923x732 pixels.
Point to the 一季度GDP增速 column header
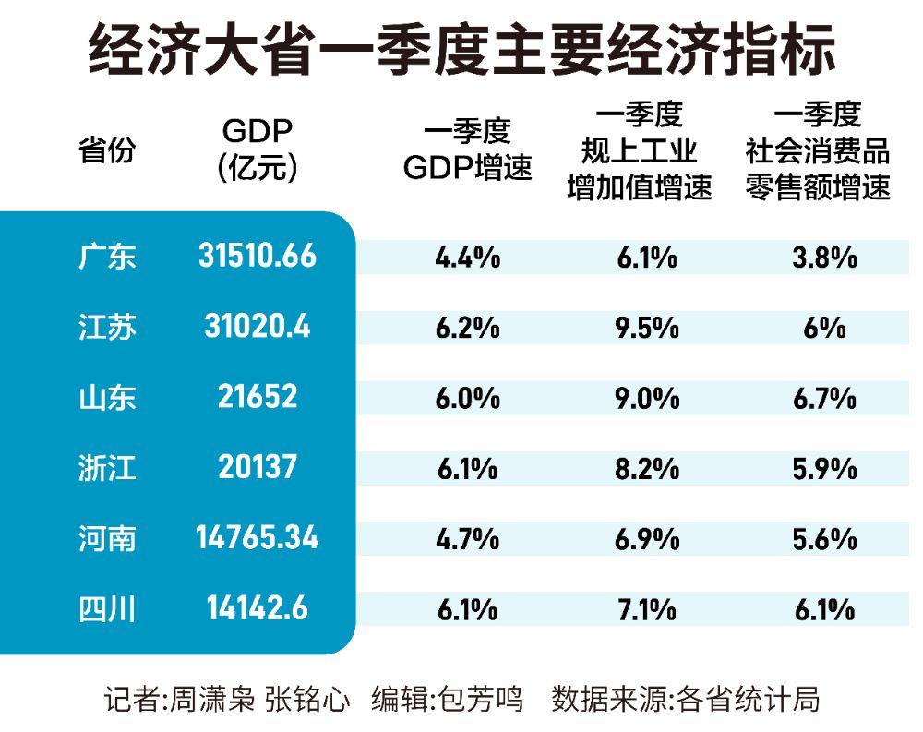click(x=467, y=151)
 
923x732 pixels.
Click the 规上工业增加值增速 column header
click(x=640, y=151)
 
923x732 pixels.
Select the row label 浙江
click(x=107, y=467)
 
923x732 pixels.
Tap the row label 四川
click(x=107, y=608)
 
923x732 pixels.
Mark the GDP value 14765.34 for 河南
click(x=258, y=537)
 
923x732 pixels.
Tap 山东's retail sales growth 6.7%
click(x=824, y=398)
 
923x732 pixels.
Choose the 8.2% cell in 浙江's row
click(x=646, y=468)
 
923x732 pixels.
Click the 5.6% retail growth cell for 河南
click(x=824, y=538)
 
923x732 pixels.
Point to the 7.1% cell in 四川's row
click(x=646, y=609)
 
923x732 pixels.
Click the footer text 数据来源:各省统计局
click(x=686, y=698)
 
